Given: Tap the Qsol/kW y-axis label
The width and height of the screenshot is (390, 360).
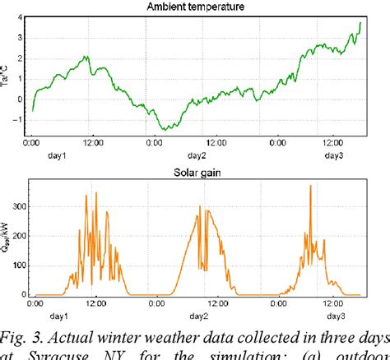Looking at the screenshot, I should (x=7, y=238).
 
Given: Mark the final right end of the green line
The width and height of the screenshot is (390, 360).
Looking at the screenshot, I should (x=360, y=23).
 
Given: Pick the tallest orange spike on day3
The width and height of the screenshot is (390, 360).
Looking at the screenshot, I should (x=310, y=187).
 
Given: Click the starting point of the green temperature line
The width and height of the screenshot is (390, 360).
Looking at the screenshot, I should (x=32, y=110).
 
